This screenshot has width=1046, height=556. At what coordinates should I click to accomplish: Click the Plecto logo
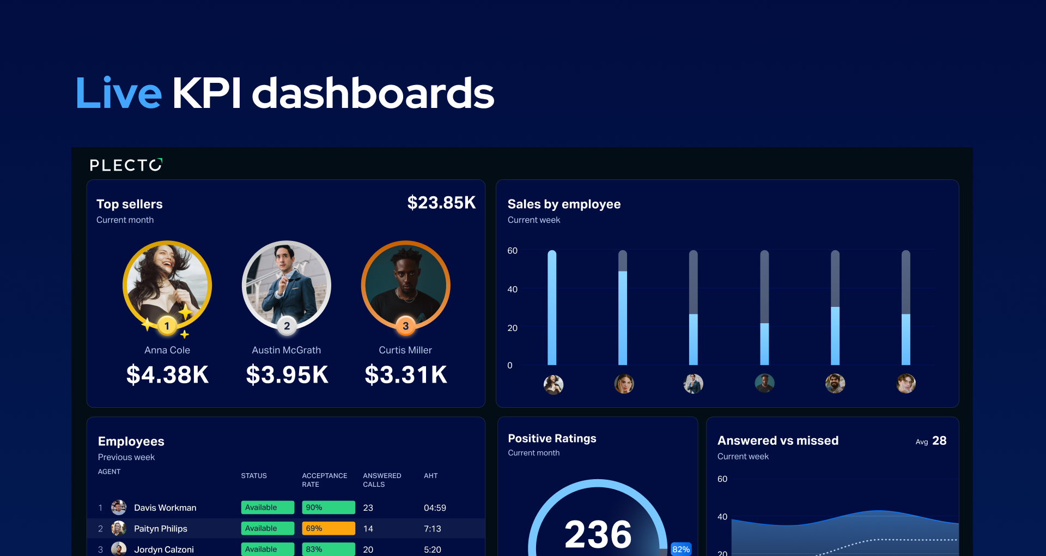tap(126, 165)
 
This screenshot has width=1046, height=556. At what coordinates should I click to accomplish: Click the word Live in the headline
tap(119, 93)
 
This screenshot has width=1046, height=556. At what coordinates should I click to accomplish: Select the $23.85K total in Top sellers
tap(441, 203)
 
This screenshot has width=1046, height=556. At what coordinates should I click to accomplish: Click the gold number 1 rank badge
tap(167, 326)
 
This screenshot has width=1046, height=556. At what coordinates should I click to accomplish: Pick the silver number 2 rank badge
tap(287, 326)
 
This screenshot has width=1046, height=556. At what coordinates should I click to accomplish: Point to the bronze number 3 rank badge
tap(405, 326)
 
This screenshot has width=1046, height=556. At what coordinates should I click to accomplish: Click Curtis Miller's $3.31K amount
tap(406, 375)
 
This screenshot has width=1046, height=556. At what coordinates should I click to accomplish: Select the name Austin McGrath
tap(286, 350)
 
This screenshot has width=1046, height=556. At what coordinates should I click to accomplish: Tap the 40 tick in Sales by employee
tap(512, 289)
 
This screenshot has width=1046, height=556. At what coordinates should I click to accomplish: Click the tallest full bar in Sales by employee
tap(552, 308)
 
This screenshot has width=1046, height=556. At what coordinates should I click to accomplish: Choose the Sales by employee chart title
tap(564, 204)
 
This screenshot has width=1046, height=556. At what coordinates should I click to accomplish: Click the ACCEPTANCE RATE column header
tap(324, 480)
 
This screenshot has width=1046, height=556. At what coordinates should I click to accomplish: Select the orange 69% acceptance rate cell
tap(329, 528)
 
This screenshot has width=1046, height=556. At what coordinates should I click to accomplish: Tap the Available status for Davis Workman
tap(267, 507)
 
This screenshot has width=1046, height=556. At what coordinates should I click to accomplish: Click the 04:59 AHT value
tap(435, 508)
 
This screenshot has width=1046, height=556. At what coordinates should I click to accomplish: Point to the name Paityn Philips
tap(161, 529)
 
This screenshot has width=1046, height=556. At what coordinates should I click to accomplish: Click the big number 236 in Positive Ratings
tap(598, 534)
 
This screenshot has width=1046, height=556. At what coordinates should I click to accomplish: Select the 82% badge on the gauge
tap(680, 549)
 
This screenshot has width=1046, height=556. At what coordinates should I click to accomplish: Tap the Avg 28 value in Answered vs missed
tap(939, 440)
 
